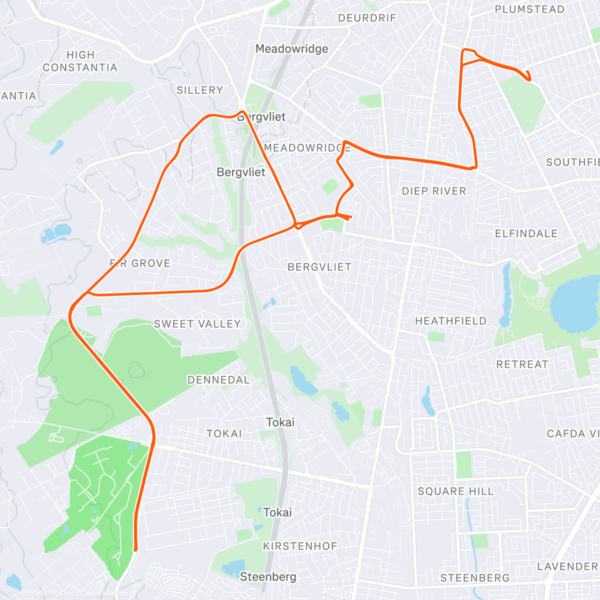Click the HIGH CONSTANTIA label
pos(80,61)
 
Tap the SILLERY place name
pos(199,90)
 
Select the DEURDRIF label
pos(367,18)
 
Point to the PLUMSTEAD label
pos(529,9)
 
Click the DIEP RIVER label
pos(434,191)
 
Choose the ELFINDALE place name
pos(526,233)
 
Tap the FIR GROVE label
pos(140,263)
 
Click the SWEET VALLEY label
pos(197,324)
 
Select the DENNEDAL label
pos(218,380)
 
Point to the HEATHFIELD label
pos(450,321)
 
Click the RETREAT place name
pos(522,364)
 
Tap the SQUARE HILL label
pos(455,491)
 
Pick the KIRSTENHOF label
pos(300,546)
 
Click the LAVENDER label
pos(567,566)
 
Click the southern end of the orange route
pos(135,549)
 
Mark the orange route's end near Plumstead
pos(528,78)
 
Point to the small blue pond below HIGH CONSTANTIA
pos(57,146)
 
